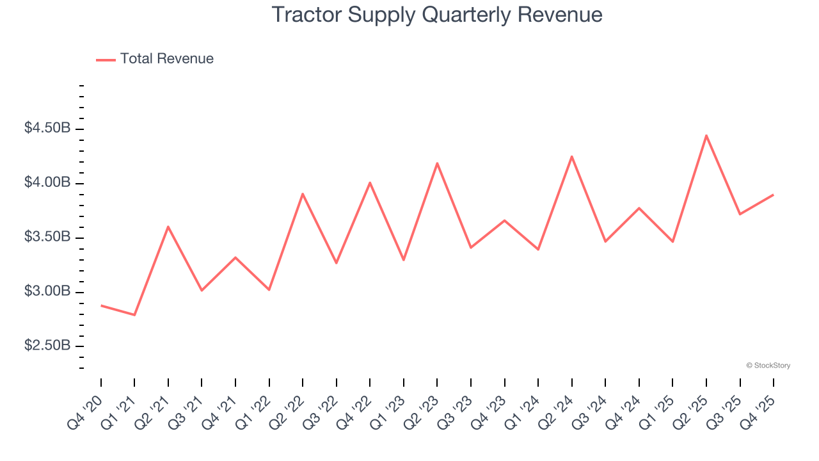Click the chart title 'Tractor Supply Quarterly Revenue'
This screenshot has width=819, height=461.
pyautogui.click(x=437, y=15)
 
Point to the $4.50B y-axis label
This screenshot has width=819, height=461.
pyautogui.click(x=47, y=128)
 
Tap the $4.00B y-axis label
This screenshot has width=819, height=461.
pyautogui.click(x=47, y=182)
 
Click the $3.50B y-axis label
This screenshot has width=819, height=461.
pyautogui.click(x=47, y=237)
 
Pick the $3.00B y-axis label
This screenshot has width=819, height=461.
pyautogui.click(x=47, y=291)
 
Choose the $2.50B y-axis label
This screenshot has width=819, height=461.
pyautogui.click(x=47, y=346)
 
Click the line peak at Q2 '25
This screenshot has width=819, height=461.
pyautogui.click(x=706, y=135)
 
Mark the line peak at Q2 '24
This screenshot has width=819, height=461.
pyautogui.click(x=571, y=156)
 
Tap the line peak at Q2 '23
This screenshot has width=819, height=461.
pyautogui.click(x=437, y=163)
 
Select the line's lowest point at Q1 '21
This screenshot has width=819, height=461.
pyautogui.click(x=134, y=315)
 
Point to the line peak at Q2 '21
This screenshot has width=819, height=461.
pyautogui.click(x=168, y=227)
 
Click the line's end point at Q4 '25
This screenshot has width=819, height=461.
pyautogui.click(x=774, y=195)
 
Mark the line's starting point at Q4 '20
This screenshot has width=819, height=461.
pyautogui.click(x=101, y=305)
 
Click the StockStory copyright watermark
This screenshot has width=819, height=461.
pyautogui.click(x=768, y=366)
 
